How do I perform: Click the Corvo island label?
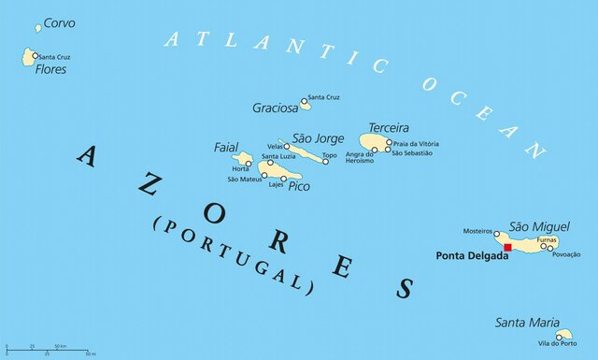tap(60, 22)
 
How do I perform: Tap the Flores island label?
tap(50, 69)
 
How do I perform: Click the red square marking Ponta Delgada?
tap(507, 247)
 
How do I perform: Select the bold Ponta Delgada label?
tap(472, 254)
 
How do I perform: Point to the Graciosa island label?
tap(275, 108)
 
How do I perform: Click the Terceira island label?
tap(389, 127)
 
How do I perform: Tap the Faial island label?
tap(226, 147)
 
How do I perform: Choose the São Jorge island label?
tap(319, 138)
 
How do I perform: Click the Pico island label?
tap(299, 186)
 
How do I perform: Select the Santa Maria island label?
tap(528, 323)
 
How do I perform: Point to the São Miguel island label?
tap(539, 226)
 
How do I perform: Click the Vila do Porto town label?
tap(557, 344)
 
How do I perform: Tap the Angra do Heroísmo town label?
tap(360, 157)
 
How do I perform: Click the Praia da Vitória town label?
tap(416, 143)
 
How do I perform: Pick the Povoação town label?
tap(567, 254)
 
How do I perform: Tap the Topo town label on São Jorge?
tap(330, 155)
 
